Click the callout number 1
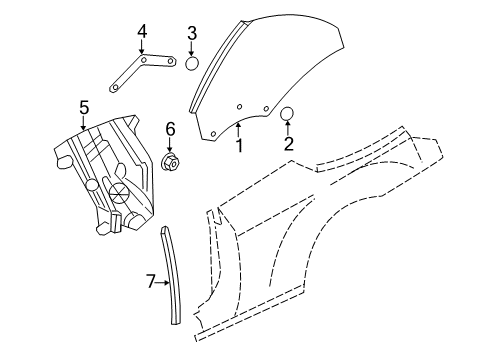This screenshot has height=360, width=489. coord(239,146)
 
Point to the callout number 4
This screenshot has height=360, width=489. coord(142,32)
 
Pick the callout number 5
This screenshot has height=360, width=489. coord(85,106)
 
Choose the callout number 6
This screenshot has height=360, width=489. coord(170,128)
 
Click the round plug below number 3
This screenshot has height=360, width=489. coord(192,64)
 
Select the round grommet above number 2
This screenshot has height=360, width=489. coord(288,114)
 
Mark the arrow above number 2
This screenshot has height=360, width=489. coord(288,129)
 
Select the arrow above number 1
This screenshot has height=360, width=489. coord(239,129)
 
